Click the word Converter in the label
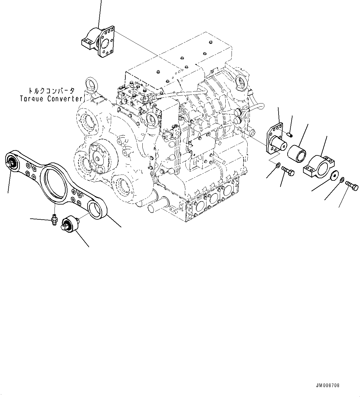(x=65, y=99)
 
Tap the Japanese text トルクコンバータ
(x=51, y=91)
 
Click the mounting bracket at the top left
(x=98, y=42)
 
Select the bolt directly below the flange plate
(x=288, y=171)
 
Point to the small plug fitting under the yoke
(x=54, y=220)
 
